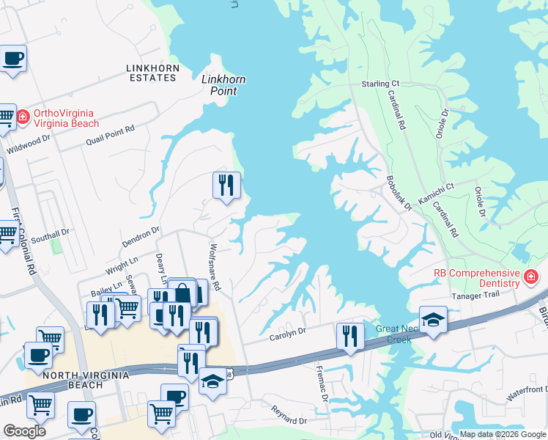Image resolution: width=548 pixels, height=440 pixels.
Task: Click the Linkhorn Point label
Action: [223, 85]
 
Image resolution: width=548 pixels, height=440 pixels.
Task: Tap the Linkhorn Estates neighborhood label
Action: [153, 73]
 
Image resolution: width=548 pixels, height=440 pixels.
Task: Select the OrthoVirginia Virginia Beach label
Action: [70, 120]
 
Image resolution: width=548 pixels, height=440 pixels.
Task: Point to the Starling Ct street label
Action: [380, 84]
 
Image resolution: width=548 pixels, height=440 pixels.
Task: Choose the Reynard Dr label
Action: [289, 416]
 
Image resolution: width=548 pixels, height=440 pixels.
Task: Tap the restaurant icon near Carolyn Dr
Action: [350, 336]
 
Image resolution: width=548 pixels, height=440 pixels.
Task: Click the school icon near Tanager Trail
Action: [432, 320]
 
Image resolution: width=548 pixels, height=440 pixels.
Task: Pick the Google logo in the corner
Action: [25, 430]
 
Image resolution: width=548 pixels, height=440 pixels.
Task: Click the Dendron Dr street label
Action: [140, 240]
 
